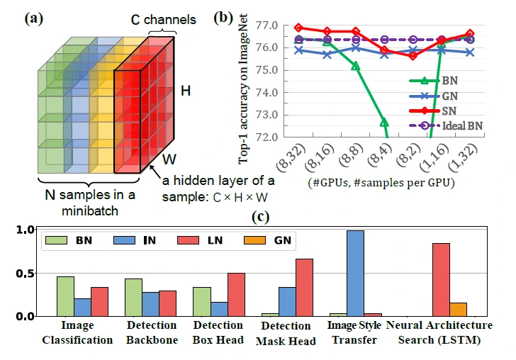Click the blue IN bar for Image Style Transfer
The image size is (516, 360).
pyautogui.click(x=355, y=273)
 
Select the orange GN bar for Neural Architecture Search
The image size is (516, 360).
pyautogui.click(x=459, y=309)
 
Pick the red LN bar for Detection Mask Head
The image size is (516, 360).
pyautogui.click(x=304, y=287)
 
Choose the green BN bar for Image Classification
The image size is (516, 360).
pyautogui.click(x=65, y=296)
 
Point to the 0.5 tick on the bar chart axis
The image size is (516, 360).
pyautogui.click(x=26, y=273)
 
